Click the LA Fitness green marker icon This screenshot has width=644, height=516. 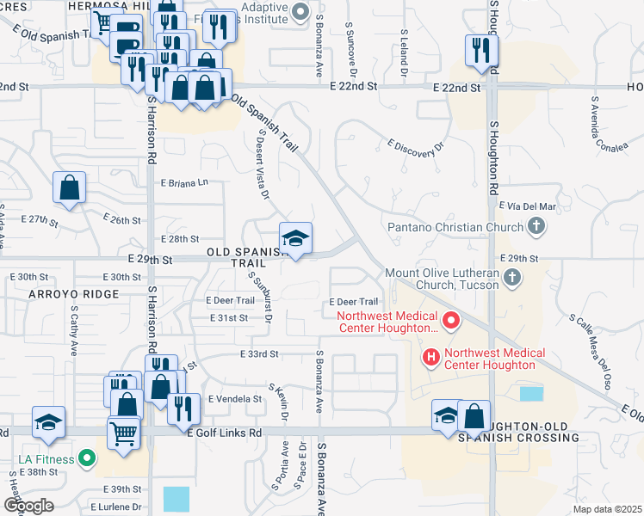(x=86, y=458)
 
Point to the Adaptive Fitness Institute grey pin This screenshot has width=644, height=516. (x=300, y=12)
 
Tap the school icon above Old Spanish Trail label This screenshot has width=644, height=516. (x=295, y=240)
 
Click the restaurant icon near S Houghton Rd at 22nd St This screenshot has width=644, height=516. (x=478, y=51)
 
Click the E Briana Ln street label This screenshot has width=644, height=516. (x=185, y=182)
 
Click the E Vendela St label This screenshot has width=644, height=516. (x=232, y=399)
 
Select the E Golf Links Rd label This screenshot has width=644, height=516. (x=225, y=433)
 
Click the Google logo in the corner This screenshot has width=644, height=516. (x=28, y=505)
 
